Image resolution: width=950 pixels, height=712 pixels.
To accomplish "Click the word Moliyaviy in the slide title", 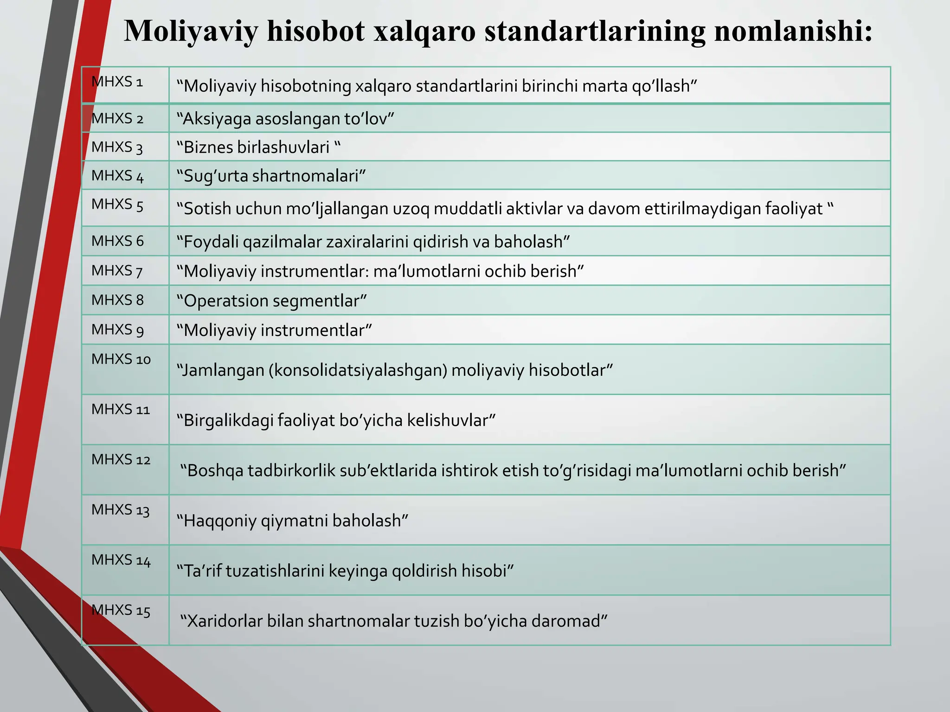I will click(191, 31).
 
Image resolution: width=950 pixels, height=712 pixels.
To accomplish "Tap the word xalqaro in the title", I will click(424, 31).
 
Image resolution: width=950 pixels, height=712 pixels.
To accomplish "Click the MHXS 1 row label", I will click(117, 82).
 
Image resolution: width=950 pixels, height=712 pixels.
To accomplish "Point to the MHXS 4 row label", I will click(117, 176).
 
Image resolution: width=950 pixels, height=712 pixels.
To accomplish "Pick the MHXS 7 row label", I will click(117, 270).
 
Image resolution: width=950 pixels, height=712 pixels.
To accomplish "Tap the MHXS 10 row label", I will click(121, 359).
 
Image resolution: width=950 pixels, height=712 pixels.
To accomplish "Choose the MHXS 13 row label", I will click(121, 510).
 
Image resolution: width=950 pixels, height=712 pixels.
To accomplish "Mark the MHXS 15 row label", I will click(121, 610).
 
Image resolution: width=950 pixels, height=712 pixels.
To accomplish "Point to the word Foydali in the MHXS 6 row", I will click(211, 242).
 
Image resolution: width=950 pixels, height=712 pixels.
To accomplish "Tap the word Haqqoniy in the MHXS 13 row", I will click(219, 521).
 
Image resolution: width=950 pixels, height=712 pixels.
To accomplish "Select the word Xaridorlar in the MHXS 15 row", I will click(225, 621).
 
